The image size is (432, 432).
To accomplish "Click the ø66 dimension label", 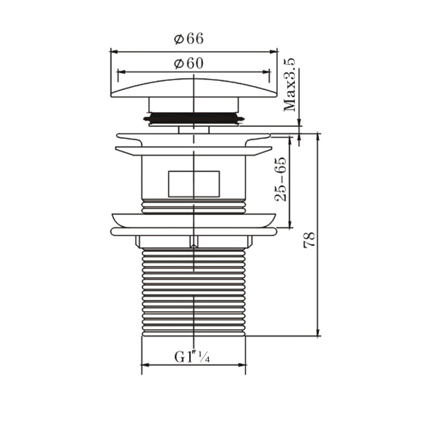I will point(189,39).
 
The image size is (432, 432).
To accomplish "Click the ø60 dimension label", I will point(189,64).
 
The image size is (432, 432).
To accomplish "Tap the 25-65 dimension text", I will point(280,179).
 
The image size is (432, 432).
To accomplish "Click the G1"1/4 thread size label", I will point(192,357).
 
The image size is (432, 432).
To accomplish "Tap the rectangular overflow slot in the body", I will point(194,184).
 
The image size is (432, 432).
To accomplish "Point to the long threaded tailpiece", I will point(194,292).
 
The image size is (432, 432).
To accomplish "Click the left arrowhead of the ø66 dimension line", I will point(113,51).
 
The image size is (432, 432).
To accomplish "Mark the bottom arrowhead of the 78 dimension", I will point(318,333).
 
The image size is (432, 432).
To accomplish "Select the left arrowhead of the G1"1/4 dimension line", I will point(144,365).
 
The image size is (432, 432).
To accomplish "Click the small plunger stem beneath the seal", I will point(194,130).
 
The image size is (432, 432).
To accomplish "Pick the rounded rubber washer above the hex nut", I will point(194,232).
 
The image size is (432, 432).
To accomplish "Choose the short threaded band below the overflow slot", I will point(194,206).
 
